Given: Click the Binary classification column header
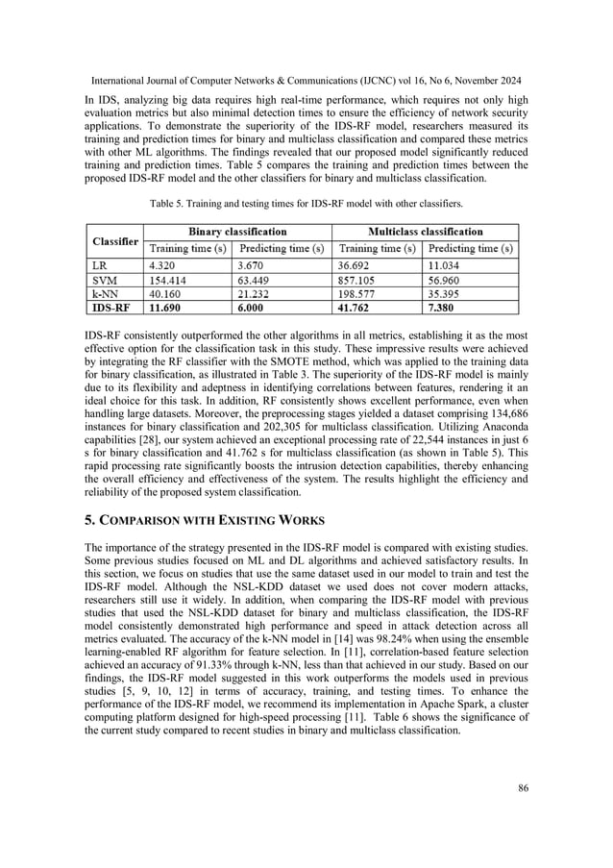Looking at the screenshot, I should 236,232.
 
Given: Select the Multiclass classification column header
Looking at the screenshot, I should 425,232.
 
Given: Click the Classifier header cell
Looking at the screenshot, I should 114,239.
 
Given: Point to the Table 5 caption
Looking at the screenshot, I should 306,203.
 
